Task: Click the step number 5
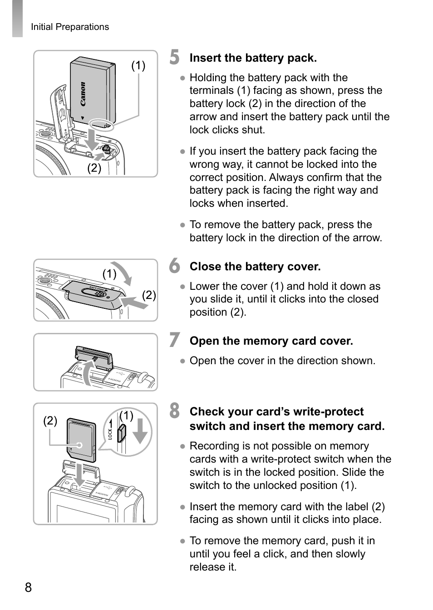[174, 57]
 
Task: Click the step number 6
[174, 266]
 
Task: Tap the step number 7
[174, 340]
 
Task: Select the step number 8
[174, 411]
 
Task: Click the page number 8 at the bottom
[28, 588]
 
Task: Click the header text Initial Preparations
[70, 27]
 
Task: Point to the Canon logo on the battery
[83, 94]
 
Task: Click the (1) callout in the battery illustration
[138, 66]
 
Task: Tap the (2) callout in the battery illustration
[94, 168]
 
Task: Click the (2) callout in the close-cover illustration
[149, 295]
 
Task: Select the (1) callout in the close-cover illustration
[109, 273]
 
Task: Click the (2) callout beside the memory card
[50, 420]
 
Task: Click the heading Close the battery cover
[255, 267]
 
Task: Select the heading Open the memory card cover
[271, 341]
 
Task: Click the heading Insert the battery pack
[253, 58]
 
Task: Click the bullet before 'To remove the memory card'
[182, 541]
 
